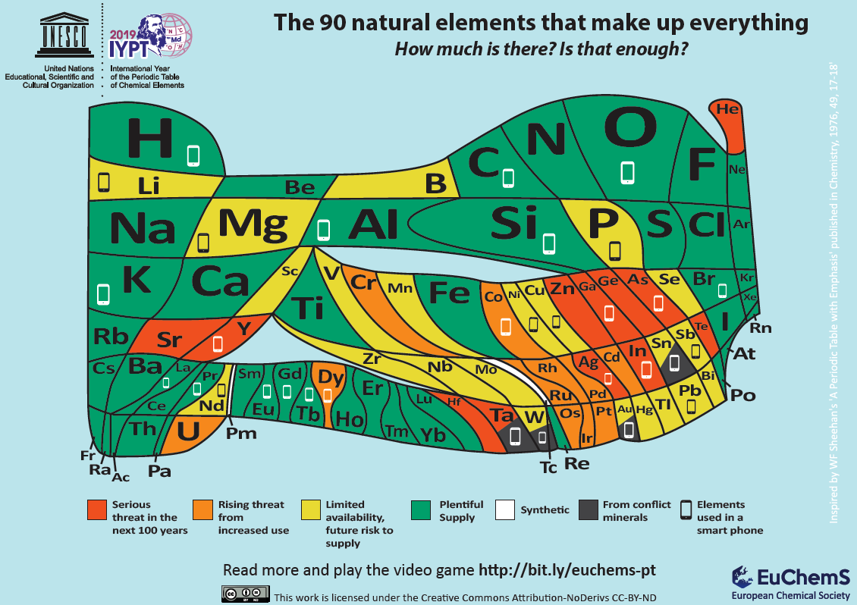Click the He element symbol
coord(727,109)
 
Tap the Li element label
coord(149,186)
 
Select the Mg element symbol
coord(253,223)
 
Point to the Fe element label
coord(449,293)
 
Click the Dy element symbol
coord(331,377)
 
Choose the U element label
coord(187,431)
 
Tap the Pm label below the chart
coord(241,434)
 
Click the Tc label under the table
coord(548,467)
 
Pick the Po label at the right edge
coord(742,395)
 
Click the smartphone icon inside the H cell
coord(193,155)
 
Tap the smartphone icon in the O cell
coord(627,172)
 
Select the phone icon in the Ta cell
coord(515,437)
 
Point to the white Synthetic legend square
coord(504,510)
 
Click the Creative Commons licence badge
coord(245,594)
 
